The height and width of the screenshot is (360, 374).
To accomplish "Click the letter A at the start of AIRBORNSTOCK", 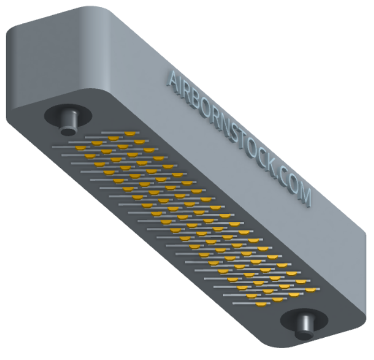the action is coord(174,80).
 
